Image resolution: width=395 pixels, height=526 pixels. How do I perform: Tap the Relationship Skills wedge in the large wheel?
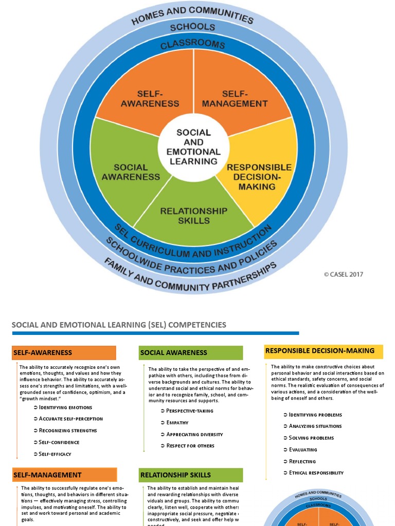193,215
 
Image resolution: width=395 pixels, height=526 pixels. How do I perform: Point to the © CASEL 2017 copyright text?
343,274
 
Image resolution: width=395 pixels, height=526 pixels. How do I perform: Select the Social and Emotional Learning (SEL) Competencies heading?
119,325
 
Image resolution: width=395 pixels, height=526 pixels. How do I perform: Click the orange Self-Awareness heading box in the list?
64,353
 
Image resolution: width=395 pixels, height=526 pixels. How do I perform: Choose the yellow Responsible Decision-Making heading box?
323,351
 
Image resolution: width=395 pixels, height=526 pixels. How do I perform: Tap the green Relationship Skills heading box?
190,475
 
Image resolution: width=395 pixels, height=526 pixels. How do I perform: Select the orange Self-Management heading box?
64,475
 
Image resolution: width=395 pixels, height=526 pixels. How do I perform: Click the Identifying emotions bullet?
65,407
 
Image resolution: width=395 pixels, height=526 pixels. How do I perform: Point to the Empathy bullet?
177,423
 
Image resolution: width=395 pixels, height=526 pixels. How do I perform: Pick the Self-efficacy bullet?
55,454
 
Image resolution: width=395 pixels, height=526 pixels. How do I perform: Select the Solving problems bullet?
311,438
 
